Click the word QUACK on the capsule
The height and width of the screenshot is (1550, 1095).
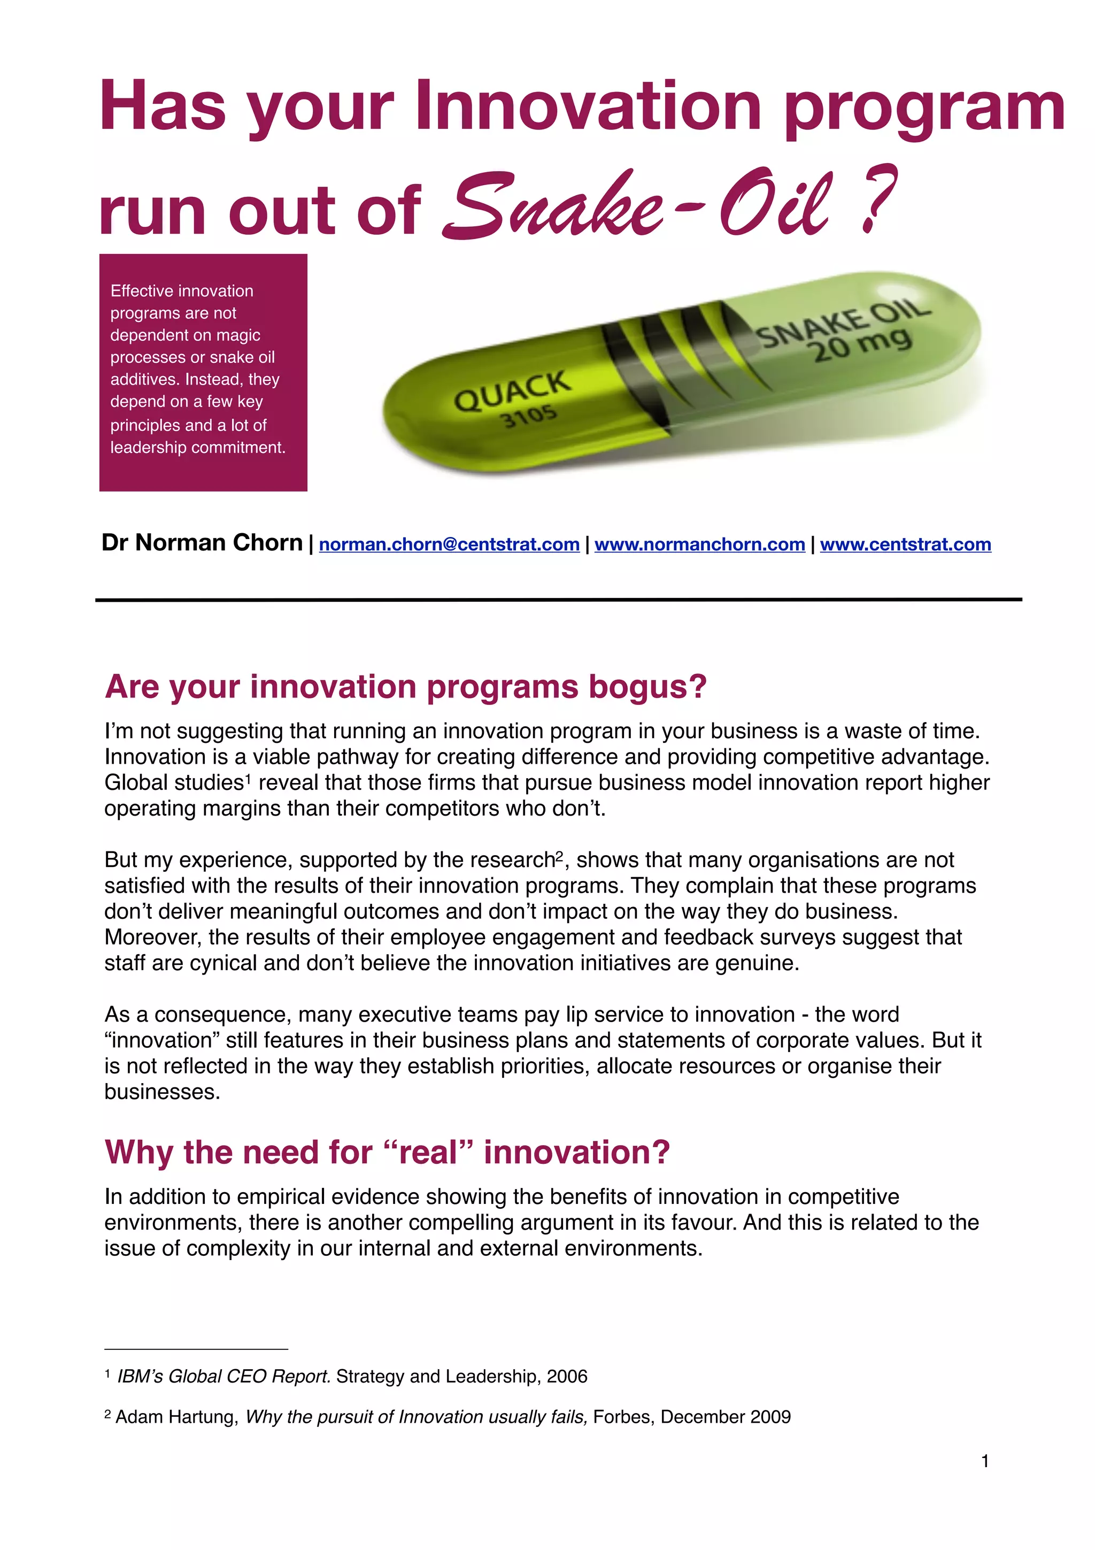[512, 392]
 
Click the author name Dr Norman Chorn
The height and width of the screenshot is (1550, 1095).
[202, 543]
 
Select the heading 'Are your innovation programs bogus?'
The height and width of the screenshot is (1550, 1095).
[405, 687]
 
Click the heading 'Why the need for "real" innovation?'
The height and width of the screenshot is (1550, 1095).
[387, 1153]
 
